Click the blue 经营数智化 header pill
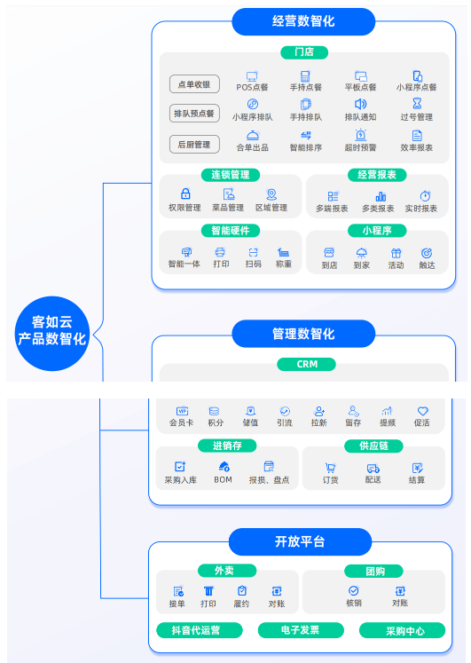point(303,21)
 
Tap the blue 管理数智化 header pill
point(303,334)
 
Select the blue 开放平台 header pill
point(300,541)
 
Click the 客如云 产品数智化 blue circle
point(52,333)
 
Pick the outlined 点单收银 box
point(194,84)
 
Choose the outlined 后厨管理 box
point(194,144)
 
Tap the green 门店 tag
point(304,52)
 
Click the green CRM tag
point(307,364)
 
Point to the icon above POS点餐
point(252,76)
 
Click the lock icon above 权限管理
point(185,193)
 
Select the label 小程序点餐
point(417,87)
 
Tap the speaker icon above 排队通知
point(360,104)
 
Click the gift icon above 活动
point(396,253)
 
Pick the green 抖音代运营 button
point(200,630)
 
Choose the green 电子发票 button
point(301,630)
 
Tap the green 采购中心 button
point(402,630)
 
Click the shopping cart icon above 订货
point(330,468)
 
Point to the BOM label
point(223,479)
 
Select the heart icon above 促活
point(422,411)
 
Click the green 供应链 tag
point(373,446)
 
